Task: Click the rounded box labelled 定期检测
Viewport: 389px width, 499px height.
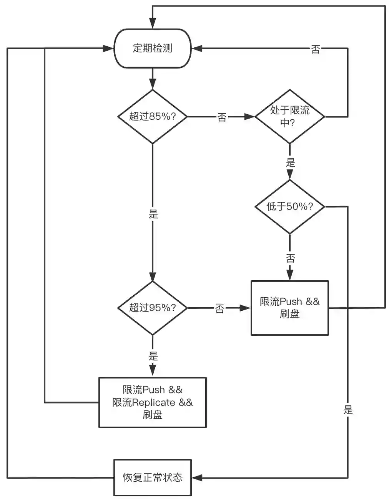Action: [x=153, y=49]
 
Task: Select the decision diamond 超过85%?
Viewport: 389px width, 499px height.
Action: [x=153, y=116]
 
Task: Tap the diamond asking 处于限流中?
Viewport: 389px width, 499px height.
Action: [x=290, y=116]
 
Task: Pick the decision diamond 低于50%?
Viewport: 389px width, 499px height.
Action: [x=290, y=207]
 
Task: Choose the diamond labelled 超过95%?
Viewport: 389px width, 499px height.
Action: [x=153, y=308]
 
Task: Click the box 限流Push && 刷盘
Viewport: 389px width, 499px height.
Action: [x=290, y=308]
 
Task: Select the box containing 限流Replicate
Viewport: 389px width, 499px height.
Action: [x=153, y=402]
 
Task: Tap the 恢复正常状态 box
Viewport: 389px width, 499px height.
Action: [x=153, y=478]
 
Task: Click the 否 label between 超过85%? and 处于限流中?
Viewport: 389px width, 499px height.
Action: [x=222, y=117]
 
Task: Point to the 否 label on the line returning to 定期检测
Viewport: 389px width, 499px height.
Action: [x=315, y=49]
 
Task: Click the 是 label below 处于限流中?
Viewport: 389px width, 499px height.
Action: [x=290, y=162]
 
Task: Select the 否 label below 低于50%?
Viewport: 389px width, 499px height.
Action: [x=290, y=258]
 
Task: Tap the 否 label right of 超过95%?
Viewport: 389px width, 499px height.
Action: [x=219, y=308]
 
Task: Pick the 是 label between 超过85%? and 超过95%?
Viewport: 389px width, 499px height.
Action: [x=153, y=214]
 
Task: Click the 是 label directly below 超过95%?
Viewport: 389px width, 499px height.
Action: [x=153, y=356]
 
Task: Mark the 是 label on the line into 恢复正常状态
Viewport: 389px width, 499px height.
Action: [x=348, y=410]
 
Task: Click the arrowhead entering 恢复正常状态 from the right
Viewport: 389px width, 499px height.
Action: [x=197, y=478]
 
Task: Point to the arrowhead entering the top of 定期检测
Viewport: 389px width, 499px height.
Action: [x=153, y=24]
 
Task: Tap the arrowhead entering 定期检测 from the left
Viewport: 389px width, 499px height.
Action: [x=109, y=49]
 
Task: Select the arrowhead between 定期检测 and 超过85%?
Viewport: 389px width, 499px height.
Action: [x=153, y=84]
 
